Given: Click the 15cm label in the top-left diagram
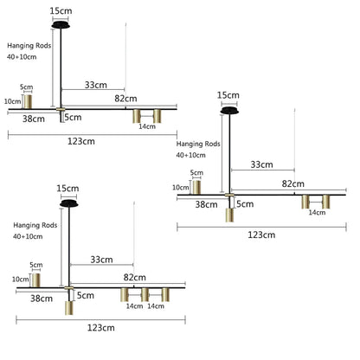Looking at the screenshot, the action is coord(61,11).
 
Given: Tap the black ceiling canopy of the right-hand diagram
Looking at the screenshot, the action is coord(229,111).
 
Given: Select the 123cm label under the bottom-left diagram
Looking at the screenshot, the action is coord(101,328).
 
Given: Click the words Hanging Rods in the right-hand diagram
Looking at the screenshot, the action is coord(198,144).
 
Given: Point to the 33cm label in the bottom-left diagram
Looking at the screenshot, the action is coord(101,260).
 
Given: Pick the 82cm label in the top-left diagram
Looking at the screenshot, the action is coord(125,99).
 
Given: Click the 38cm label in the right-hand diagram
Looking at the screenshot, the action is coord(206,204).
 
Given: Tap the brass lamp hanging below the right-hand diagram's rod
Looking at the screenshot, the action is coord(229,215).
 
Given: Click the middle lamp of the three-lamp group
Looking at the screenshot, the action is coord(145,294).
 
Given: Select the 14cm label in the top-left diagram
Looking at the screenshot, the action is coord(147,126).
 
